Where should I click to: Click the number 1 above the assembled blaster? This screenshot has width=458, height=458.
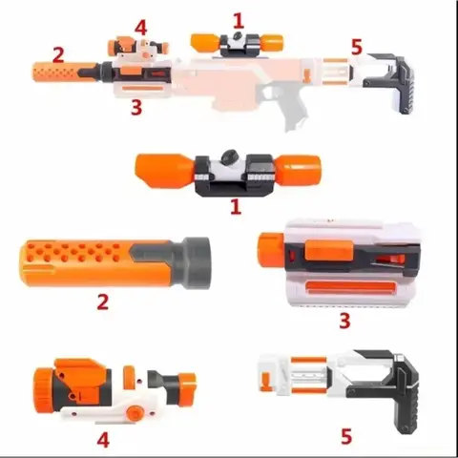pyautogui.click(x=238, y=18)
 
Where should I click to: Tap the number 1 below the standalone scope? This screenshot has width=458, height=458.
pyautogui.click(x=236, y=205)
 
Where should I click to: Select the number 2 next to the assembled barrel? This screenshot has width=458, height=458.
pyautogui.click(x=59, y=55)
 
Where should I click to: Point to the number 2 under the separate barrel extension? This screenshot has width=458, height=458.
pyautogui.click(x=102, y=302)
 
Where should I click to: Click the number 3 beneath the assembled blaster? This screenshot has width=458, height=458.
pyautogui.click(x=136, y=107)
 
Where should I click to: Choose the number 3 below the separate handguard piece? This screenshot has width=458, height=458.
pyautogui.click(x=343, y=321)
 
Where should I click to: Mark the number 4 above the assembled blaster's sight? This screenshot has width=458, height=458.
pyautogui.click(x=140, y=27)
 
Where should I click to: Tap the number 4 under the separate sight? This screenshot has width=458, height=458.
pyautogui.click(x=103, y=440)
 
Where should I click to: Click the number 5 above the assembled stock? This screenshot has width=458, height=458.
pyautogui.click(x=356, y=46)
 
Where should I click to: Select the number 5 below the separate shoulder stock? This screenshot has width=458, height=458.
pyautogui.click(x=346, y=436)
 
